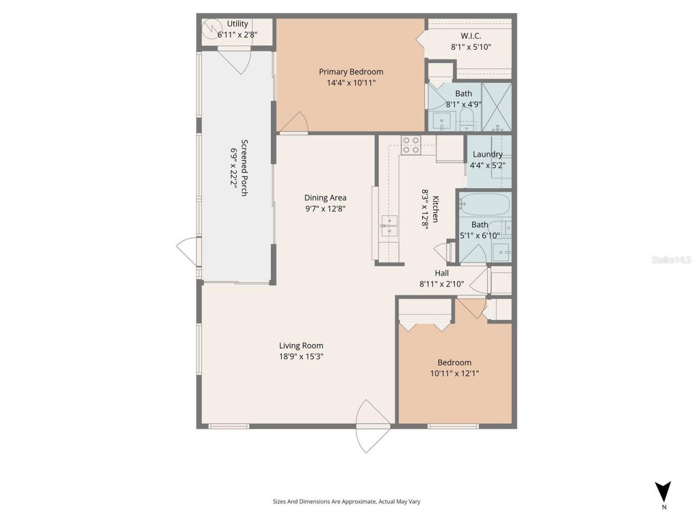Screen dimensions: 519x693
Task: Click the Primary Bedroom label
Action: (x=351, y=71)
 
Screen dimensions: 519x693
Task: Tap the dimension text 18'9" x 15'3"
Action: (x=302, y=356)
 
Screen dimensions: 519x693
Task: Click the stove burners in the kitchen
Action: (x=411, y=145)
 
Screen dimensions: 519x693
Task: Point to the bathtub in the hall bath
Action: (x=485, y=205)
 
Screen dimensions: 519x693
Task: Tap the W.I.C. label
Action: (x=470, y=36)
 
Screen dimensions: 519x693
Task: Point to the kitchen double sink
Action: (x=389, y=226)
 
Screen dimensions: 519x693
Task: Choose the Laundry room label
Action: (x=488, y=154)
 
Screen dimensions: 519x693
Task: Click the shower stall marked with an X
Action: (x=496, y=106)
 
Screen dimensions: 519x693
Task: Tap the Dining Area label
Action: (x=325, y=197)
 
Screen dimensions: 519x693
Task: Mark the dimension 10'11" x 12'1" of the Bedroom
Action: (x=454, y=373)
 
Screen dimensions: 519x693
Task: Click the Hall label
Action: (x=441, y=273)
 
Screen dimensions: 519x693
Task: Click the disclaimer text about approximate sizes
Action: (x=346, y=501)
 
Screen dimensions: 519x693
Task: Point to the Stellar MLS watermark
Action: (x=671, y=259)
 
